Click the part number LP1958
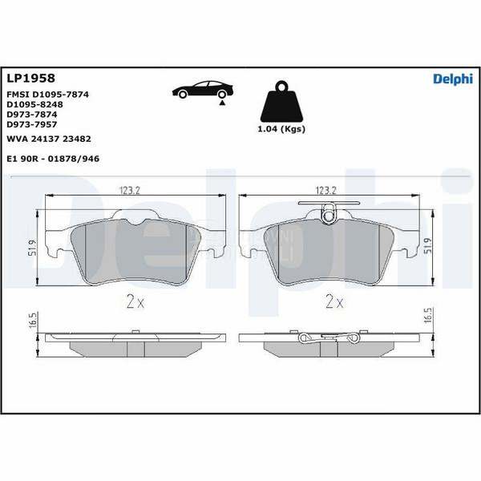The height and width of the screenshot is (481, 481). pos(30,79)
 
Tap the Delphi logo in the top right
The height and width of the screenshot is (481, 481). pos(453,79)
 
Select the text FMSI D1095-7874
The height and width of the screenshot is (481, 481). pos(47,95)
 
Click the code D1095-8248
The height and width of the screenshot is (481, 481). pos(34,104)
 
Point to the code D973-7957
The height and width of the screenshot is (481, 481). pos(32,124)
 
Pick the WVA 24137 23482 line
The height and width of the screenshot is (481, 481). pos(49,139)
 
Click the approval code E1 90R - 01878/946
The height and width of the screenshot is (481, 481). pos(53,159)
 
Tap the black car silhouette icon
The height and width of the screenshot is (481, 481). pos(203,90)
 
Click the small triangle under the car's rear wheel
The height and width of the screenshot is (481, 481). pos(222,103)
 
